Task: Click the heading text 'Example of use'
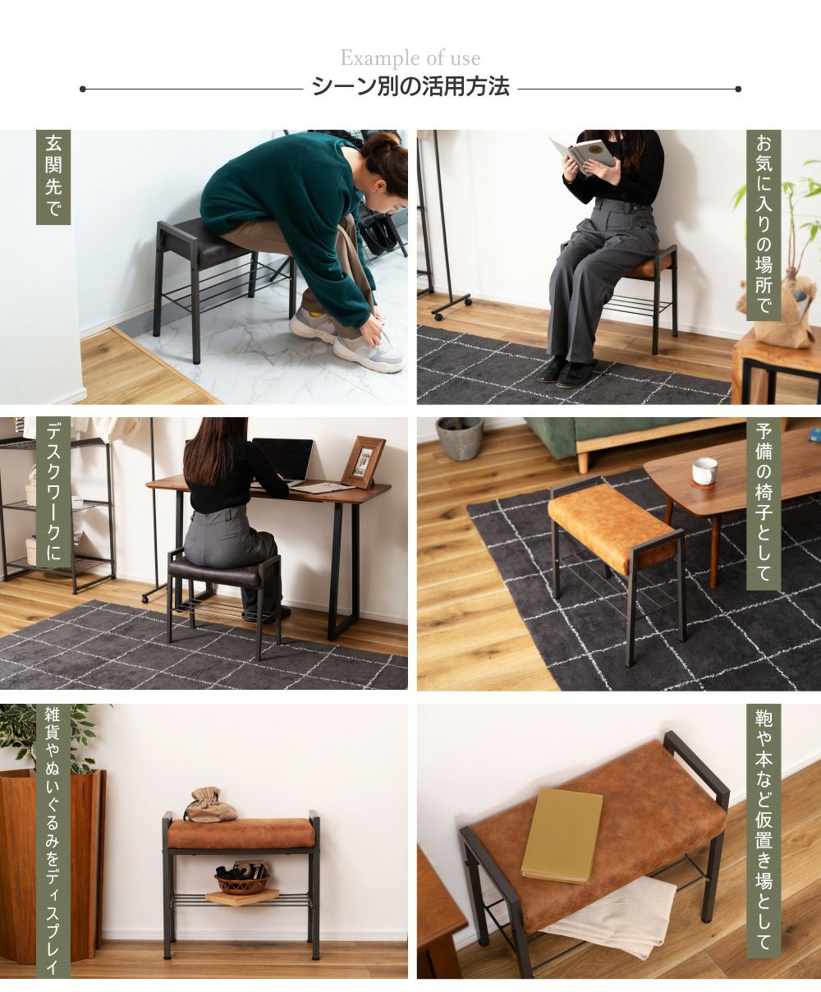point(410,58)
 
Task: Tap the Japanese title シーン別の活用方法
point(410,87)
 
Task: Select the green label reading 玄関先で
point(53,177)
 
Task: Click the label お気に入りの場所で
point(764,225)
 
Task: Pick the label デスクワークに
point(53,493)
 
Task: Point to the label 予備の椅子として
point(764,503)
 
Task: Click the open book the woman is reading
point(582,154)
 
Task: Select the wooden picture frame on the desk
point(364,462)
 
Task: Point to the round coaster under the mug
point(704,485)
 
